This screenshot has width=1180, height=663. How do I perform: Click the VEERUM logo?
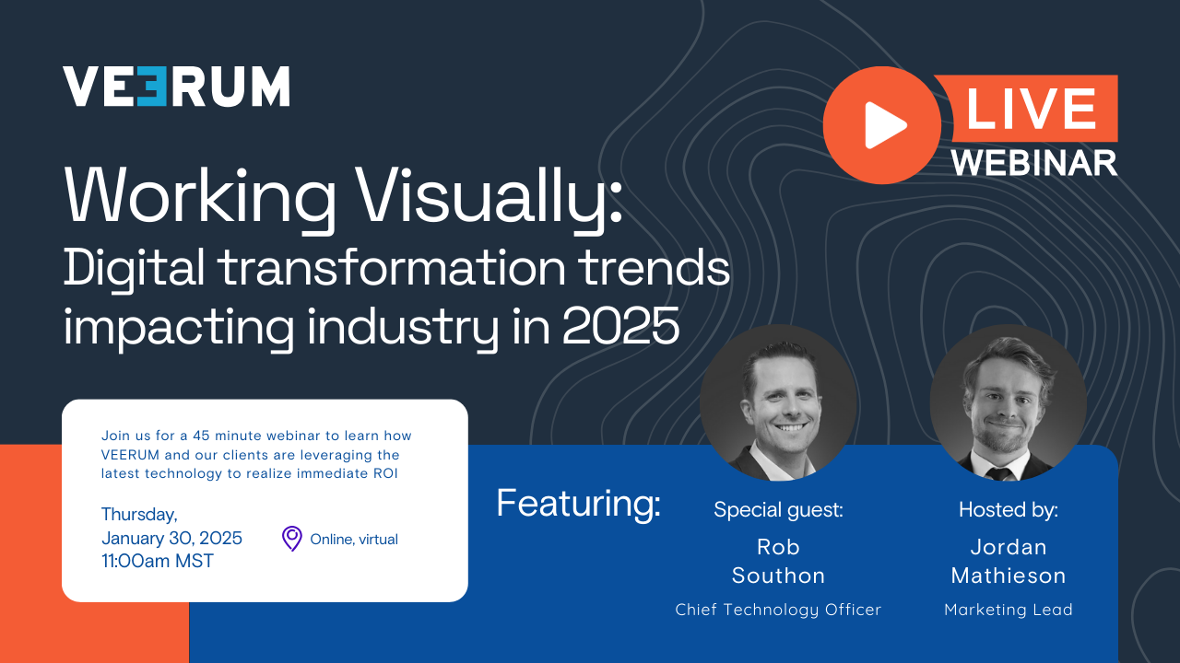[176, 87]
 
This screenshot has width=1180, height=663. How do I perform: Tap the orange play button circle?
[881, 125]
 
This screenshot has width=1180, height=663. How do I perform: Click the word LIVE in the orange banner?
[1031, 109]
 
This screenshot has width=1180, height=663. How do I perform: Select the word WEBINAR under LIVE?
[1034, 161]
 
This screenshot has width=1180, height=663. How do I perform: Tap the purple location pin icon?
[291, 539]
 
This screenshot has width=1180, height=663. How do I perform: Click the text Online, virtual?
[354, 540]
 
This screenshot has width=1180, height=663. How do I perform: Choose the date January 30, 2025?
[171, 538]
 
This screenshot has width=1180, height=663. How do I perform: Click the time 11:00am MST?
[157, 561]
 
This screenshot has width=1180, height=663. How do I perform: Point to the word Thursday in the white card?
[139, 515]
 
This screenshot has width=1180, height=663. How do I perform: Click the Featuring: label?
[578, 504]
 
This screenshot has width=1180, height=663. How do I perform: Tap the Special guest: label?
[778, 509]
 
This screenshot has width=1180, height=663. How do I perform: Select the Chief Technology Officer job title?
[778, 610]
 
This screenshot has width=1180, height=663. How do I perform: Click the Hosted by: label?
[1008, 509]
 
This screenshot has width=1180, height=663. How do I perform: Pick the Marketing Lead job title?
[1008, 610]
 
